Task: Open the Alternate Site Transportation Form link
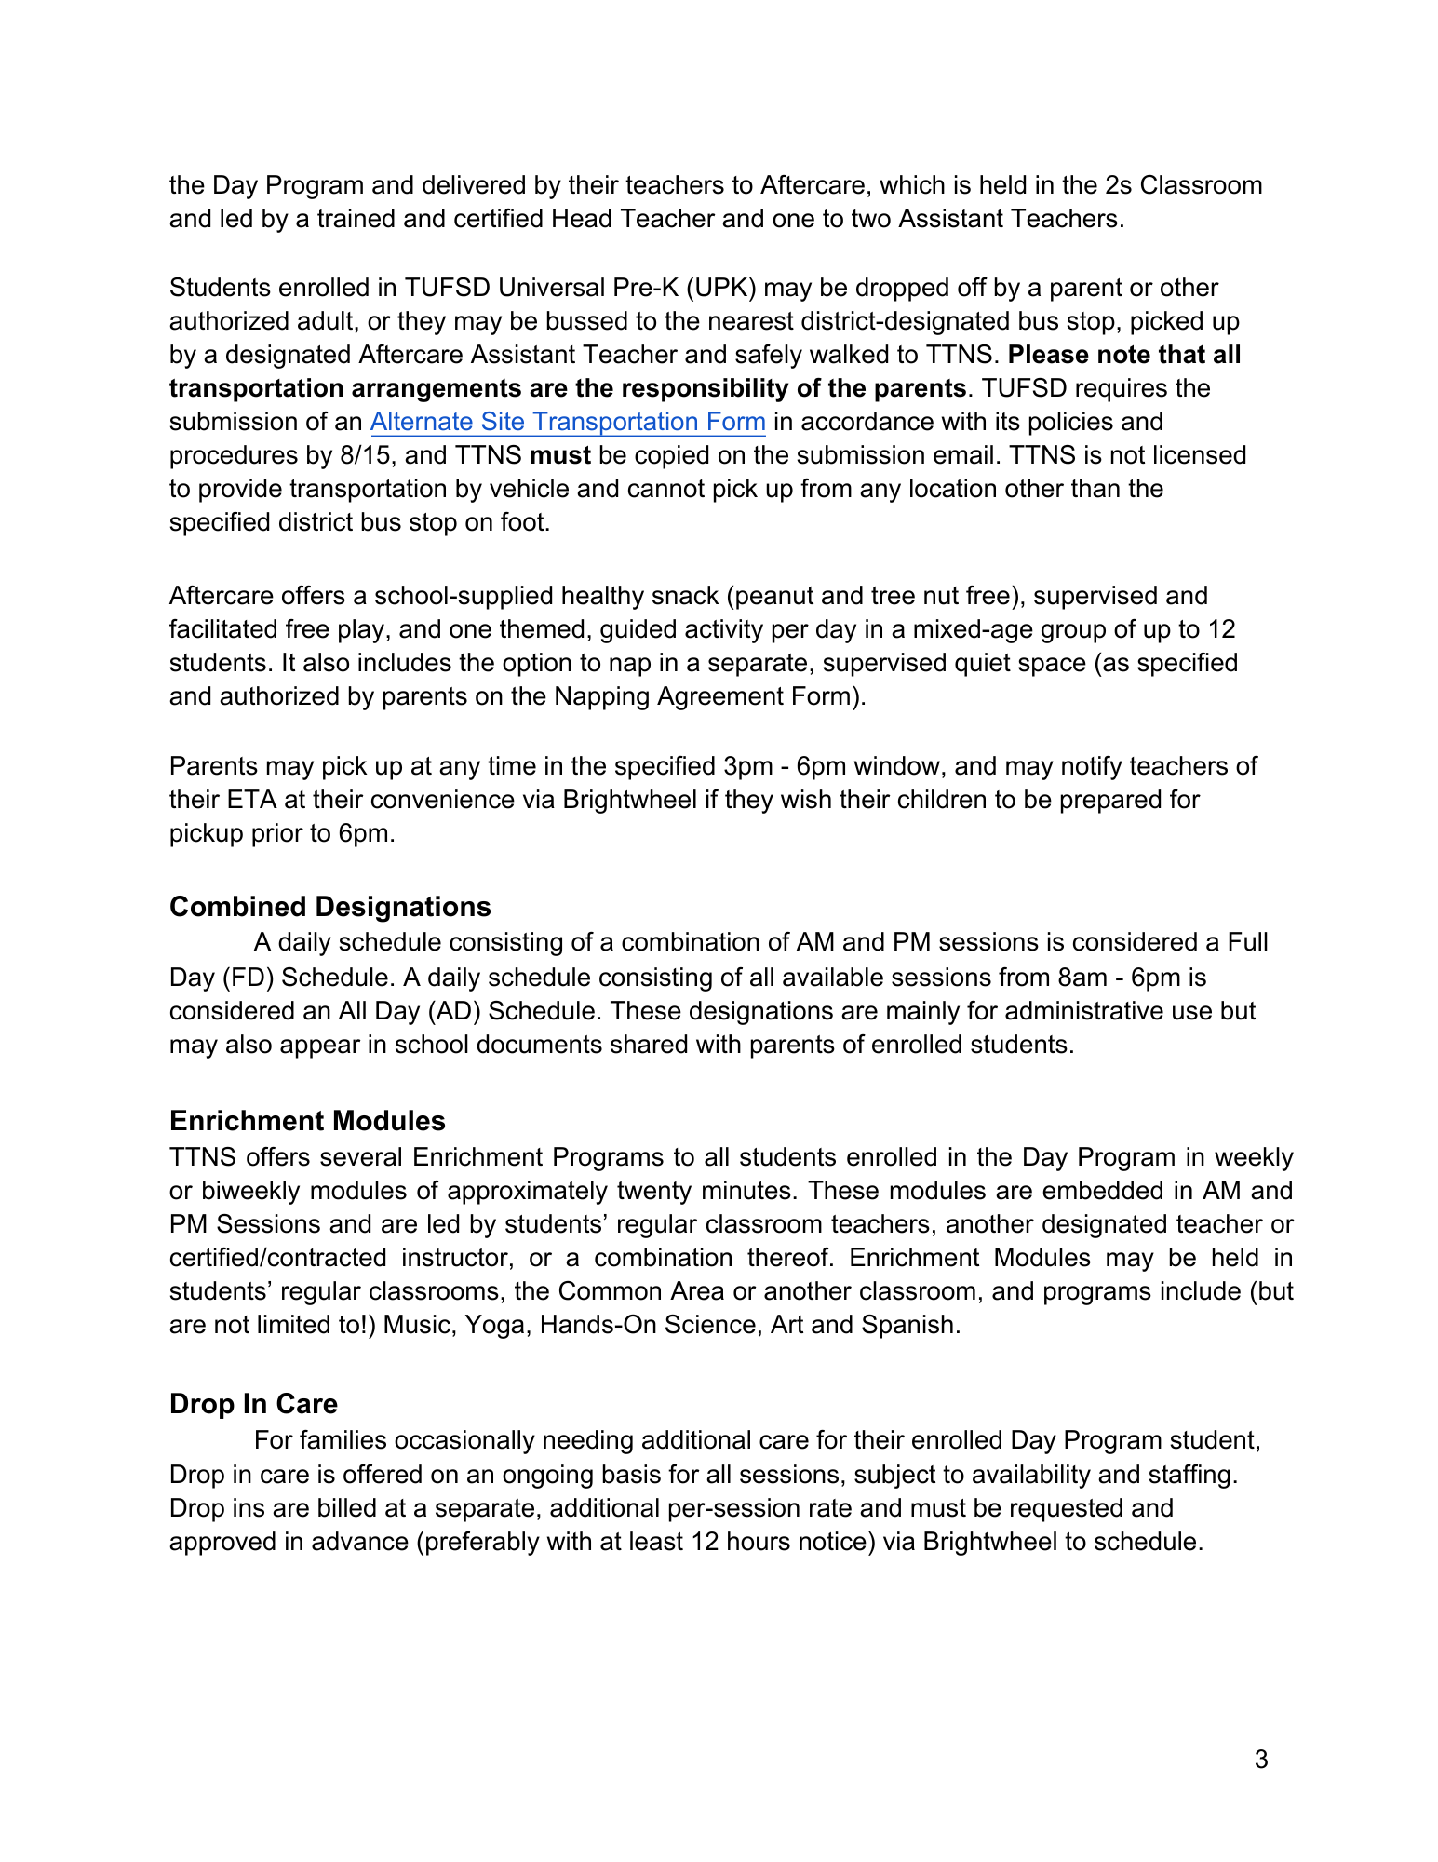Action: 568,422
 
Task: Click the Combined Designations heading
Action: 329,907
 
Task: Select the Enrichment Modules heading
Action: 307,1121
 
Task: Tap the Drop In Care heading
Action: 253,1404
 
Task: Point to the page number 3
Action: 1261,1760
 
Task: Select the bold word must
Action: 560,455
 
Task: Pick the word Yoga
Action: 495,1325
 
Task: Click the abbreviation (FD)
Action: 246,978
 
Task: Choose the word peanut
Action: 778,596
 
